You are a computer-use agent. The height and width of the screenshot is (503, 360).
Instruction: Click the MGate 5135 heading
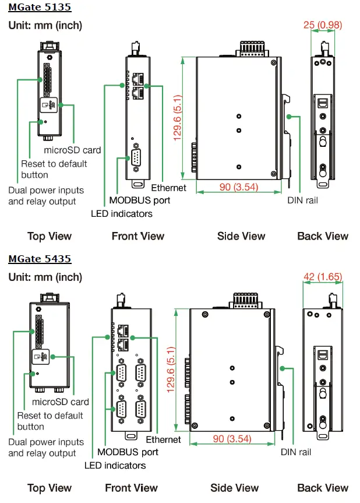click(x=39, y=8)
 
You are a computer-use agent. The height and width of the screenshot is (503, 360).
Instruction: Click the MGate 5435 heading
click(x=40, y=259)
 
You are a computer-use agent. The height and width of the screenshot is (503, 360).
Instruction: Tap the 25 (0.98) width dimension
click(x=322, y=25)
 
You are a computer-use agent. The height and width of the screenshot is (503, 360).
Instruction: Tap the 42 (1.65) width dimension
click(x=322, y=276)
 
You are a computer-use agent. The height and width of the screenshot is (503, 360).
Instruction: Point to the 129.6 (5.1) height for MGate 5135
click(x=178, y=117)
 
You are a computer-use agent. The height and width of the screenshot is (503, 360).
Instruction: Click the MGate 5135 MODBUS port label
click(x=140, y=200)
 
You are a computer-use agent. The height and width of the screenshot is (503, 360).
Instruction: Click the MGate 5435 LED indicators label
click(x=115, y=465)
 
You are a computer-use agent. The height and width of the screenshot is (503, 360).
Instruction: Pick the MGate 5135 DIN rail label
click(x=303, y=200)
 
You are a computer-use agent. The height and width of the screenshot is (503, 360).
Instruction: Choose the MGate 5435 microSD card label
click(x=61, y=402)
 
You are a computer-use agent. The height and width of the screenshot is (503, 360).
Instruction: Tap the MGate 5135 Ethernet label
click(x=169, y=188)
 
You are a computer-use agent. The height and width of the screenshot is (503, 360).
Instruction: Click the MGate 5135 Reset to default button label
click(x=54, y=169)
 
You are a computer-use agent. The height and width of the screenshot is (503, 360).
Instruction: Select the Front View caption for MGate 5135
click(x=138, y=236)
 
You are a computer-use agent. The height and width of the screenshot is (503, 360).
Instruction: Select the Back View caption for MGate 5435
click(x=323, y=488)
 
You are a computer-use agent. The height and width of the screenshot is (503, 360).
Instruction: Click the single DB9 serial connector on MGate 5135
click(x=136, y=158)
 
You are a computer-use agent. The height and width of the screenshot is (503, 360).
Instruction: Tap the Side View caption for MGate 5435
click(x=234, y=488)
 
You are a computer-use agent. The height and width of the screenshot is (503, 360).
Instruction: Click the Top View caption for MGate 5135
click(x=50, y=236)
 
